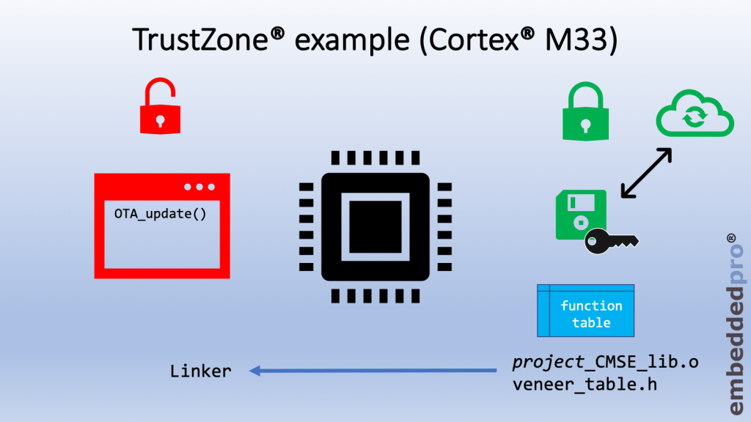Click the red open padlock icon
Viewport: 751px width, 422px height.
point(161,110)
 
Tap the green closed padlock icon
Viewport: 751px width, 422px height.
point(582,113)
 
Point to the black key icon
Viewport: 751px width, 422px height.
point(612,240)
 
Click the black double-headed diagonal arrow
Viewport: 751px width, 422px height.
point(646,173)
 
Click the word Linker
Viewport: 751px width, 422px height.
point(200,371)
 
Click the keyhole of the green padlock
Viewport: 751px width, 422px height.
point(582,124)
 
